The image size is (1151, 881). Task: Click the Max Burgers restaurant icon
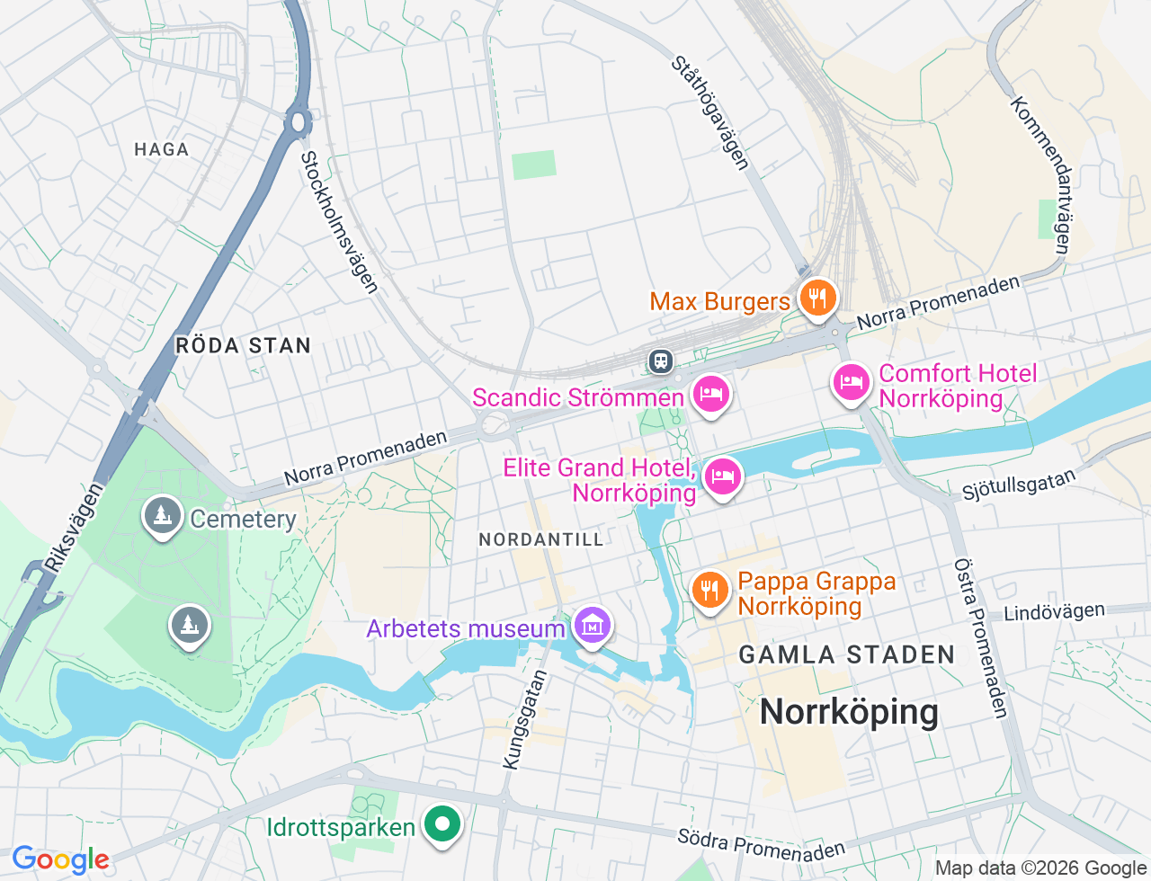816,298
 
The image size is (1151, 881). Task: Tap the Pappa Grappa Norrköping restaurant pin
709,591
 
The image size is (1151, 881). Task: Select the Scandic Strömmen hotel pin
710,394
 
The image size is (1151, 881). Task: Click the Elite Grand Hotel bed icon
722,476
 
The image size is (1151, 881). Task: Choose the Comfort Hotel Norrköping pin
851,383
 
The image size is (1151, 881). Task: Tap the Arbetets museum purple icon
592,626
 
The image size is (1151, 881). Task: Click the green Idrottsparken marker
442,823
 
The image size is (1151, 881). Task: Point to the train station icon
661,361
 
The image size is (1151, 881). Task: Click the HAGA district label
162,149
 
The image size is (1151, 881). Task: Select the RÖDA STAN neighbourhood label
243,345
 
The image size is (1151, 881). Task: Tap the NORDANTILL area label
541,539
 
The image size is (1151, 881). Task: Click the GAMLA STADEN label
847,654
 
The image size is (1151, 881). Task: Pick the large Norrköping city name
849,712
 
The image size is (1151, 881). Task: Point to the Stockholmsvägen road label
339,222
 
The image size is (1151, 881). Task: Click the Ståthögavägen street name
710,113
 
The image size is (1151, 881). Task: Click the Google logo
60,860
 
